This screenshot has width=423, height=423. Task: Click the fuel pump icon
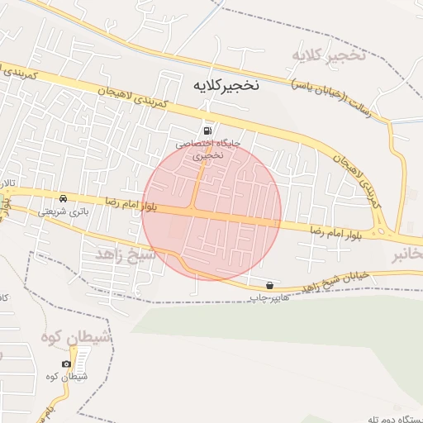[x=207, y=131]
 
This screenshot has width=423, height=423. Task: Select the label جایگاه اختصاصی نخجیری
[x=207, y=149]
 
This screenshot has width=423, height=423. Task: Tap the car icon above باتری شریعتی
[x=63, y=198]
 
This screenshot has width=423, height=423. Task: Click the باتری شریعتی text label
[x=63, y=211]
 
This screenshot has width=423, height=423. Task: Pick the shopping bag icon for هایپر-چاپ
[x=270, y=285]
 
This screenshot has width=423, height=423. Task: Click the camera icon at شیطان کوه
[x=66, y=364]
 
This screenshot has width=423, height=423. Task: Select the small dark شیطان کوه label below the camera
[x=68, y=378]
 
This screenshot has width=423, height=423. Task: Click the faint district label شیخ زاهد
[x=126, y=253]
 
